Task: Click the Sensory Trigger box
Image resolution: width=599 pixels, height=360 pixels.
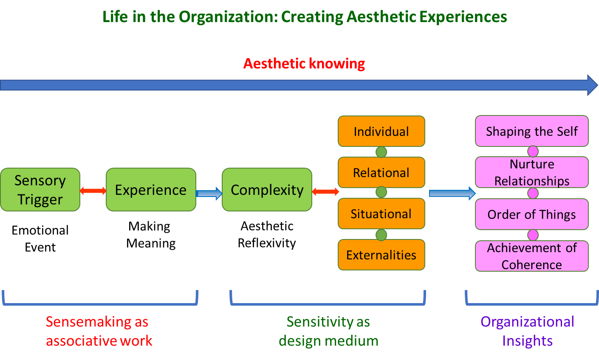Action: pos(40,189)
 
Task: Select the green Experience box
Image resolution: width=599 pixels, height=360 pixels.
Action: pos(151,189)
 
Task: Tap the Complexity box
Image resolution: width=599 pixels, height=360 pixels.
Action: pos(267,189)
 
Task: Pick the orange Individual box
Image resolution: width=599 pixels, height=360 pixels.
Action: pos(381,131)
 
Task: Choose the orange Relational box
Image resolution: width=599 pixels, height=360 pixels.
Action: pos(381,172)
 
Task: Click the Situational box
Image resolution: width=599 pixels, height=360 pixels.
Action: pos(381,214)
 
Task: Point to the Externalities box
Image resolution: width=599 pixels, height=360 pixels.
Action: pos(381,255)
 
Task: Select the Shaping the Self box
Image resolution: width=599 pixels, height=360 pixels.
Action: pos(531,131)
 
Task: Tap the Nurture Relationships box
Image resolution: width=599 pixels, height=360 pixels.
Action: pos(531,172)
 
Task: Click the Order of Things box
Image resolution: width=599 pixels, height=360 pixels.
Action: pos(531,214)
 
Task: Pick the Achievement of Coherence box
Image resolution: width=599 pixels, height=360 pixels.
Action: pos(531,256)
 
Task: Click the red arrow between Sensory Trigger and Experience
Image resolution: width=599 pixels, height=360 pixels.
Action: pos(93,191)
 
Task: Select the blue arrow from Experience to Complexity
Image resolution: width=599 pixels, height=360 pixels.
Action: pos(209,194)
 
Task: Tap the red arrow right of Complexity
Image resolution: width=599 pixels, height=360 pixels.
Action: pos(325,191)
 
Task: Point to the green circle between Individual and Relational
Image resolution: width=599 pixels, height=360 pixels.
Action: pos(381,152)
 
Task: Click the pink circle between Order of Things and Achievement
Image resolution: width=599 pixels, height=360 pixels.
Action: pos(533,235)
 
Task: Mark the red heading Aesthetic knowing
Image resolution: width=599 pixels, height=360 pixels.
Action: pos(304,64)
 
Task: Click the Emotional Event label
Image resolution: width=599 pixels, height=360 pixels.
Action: pos(40,239)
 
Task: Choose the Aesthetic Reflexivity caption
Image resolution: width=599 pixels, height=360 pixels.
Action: pos(267,234)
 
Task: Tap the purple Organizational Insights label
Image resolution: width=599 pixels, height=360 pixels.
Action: pos(527,331)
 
